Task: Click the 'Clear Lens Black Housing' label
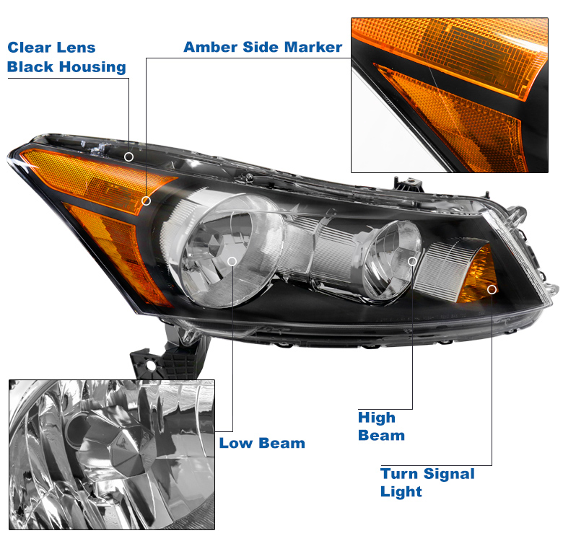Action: [x=66, y=58]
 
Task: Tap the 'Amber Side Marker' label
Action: [x=263, y=48]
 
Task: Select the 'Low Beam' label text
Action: [x=262, y=443]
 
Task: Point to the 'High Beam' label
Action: [x=381, y=426]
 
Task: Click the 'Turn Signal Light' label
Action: [x=427, y=483]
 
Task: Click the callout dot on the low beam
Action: [x=232, y=261]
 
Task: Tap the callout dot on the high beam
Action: [x=412, y=261]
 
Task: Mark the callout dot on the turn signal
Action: [x=492, y=289]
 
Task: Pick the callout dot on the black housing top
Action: [x=129, y=156]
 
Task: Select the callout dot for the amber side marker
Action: [x=146, y=201]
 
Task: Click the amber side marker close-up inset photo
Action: [x=449, y=95]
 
